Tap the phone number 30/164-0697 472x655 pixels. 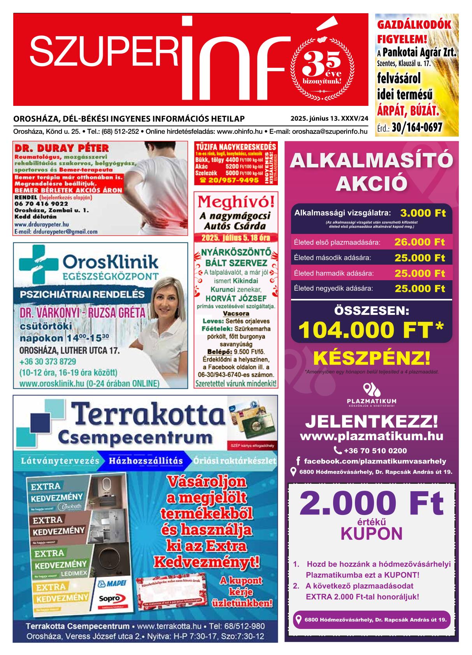(x=421, y=128)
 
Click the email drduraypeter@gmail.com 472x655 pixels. (x=56, y=231)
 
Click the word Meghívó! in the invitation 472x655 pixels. (x=235, y=202)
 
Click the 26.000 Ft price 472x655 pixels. (x=419, y=242)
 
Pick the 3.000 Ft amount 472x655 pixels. (x=423, y=213)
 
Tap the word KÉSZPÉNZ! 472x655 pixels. (x=371, y=357)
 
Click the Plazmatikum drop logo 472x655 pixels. (x=371, y=389)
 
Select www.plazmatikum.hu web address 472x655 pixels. (x=371, y=436)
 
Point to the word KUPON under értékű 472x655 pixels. (x=371, y=534)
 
